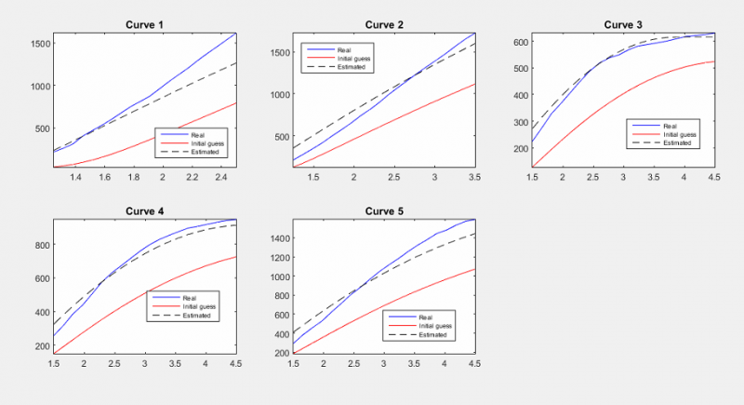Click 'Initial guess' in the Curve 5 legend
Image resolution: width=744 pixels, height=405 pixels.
pos(436,325)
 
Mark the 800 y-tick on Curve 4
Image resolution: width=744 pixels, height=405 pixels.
pos(41,245)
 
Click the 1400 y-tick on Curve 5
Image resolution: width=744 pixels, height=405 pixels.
pos(276,239)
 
